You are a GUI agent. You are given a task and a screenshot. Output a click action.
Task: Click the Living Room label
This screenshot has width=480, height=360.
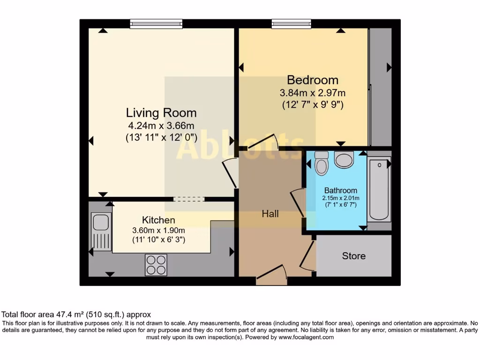pyautogui.click(x=161, y=113)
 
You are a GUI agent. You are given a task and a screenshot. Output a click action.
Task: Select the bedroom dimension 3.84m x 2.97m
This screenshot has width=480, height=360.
pyautogui.click(x=313, y=93)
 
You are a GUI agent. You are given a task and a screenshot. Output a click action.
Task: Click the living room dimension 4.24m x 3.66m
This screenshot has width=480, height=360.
pyautogui.click(x=161, y=126)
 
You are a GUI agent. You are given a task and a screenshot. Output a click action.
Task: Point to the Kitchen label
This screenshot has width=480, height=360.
pyautogui.click(x=158, y=220)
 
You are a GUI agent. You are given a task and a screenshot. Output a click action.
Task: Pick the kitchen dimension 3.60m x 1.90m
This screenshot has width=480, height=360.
pyautogui.click(x=158, y=230)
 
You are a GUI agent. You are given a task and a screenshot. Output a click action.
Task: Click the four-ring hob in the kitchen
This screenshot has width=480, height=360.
pyautogui.click(x=156, y=264)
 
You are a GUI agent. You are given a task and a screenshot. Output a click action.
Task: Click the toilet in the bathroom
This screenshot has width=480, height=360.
pyautogui.click(x=322, y=163)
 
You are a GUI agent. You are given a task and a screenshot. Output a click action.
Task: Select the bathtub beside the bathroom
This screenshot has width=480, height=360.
pyautogui.click(x=379, y=189)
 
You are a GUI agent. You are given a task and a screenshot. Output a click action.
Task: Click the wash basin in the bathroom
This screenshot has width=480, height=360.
pyautogui.click(x=345, y=159)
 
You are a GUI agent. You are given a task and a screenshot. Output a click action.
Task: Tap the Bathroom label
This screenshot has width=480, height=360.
pyautogui.click(x=341, y=191)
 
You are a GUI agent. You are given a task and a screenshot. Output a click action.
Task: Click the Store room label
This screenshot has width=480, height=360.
pyautogui.click(x=354, y=256)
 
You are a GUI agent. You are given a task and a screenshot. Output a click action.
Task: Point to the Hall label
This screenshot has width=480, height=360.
pyautogui.click(x=270, y=214)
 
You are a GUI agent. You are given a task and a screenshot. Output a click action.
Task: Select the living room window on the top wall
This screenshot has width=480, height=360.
pyautogui.click(x=156, y=23)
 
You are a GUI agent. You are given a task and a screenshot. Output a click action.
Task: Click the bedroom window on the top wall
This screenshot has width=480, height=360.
pyautogui.click(x=291, y=23)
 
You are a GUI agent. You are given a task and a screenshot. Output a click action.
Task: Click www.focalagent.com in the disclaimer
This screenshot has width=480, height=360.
pyautogui.click(x=306, y=337)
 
